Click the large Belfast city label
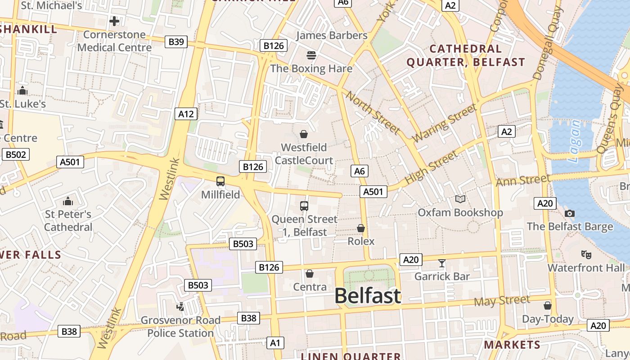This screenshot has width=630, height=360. point(367,296)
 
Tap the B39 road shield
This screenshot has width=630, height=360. point(176,42)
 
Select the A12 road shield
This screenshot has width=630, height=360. point(186,114)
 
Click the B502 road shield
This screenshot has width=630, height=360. point(16,155)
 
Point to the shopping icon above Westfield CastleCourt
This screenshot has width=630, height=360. point(304,134)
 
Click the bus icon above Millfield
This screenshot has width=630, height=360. point(220,181)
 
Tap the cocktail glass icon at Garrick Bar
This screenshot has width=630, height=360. point(442,263)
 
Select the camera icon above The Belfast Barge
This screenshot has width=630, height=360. point(570,213)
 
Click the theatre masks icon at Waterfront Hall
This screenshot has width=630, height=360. point(586,255)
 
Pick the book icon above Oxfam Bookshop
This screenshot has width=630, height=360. point(460,199)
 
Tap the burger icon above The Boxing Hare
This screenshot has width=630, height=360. point(311,55)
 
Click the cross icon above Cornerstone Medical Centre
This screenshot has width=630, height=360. point(114,21)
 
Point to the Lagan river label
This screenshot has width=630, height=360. point(575,141)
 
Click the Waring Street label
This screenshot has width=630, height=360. point(445,123)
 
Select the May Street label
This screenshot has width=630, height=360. point(502,301)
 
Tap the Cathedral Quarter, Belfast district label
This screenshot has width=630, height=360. point(466,55)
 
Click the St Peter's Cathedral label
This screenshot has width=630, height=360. point(68,220)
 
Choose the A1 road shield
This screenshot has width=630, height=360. point(275,343)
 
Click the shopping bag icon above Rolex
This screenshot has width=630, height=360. point(361,228)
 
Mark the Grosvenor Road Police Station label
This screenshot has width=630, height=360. point(180,327)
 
